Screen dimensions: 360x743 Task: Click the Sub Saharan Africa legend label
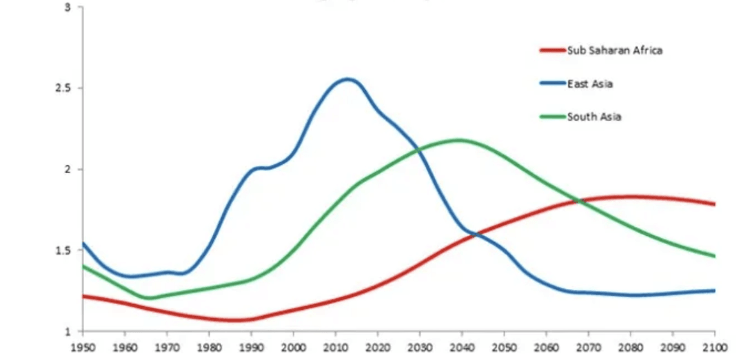(x=615, y=51)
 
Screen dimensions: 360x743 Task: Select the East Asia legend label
(x=590, y=84)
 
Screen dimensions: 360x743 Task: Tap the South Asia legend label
(x=594, y=117)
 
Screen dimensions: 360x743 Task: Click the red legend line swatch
(x=553, y=51)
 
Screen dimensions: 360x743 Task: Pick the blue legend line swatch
(x=553, y=84)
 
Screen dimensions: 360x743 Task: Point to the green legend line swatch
(x=553, y=117)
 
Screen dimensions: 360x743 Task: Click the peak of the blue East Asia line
(x=348, y=79)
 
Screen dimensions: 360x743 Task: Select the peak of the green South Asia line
(x=458, y=140)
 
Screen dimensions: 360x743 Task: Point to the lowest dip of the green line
(x=148, y=298)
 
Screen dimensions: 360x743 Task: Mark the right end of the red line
(x=715, y=204)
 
